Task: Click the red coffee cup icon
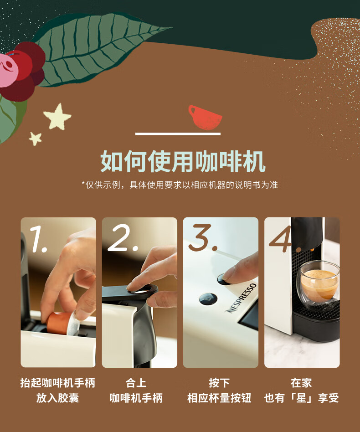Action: (x=205, y=118)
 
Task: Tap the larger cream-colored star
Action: (x=57, y=117)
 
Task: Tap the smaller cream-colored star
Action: (x=36, y=139)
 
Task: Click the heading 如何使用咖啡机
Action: (x=183, y=161)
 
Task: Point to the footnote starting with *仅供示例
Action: (x=180, y=185)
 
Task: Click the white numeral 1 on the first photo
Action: (x=38, y=239)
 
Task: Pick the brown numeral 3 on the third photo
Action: (x=203, y=237)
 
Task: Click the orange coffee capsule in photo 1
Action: (x=58, y=323)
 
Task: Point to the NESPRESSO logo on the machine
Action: (x=241, y=298)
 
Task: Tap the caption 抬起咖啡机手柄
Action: (x=58, y=383)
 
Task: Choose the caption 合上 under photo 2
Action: (x=136, y=383)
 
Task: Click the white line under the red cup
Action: (x=178, y=134)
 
